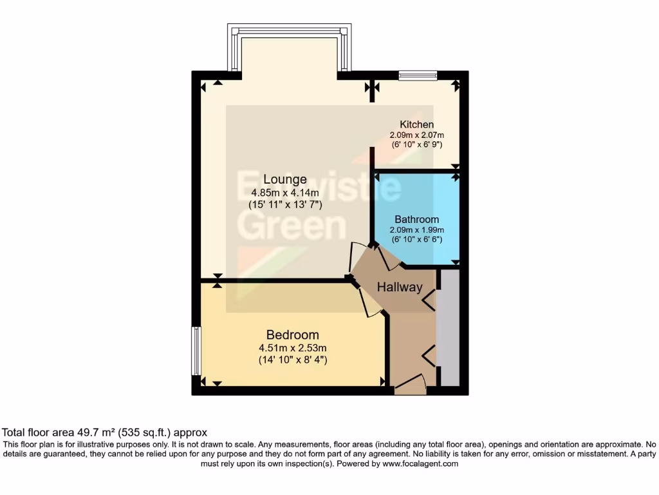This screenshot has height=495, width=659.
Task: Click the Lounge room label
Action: click(284, 179)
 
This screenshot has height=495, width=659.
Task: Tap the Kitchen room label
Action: click(416, 124)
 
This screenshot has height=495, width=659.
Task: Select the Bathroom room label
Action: click(416, 219)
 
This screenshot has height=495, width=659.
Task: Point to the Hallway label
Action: click(399, 287)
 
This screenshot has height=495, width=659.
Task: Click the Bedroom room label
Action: click(293, 335)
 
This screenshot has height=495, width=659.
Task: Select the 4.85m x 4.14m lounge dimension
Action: click(285, 193)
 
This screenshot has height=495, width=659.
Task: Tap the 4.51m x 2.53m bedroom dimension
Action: click(293, 348)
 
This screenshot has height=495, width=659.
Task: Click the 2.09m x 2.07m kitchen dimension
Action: click(416, 135)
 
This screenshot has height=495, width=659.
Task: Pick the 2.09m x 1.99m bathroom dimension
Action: click(416, 230)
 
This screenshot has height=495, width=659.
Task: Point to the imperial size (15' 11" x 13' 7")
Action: click(285, 205)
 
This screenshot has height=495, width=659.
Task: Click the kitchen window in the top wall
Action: click(418, 75)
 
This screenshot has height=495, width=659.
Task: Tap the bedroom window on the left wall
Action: click(196, 351)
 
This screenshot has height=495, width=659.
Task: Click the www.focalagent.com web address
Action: click(420, 463)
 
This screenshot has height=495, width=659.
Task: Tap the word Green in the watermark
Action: click(293, 226)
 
